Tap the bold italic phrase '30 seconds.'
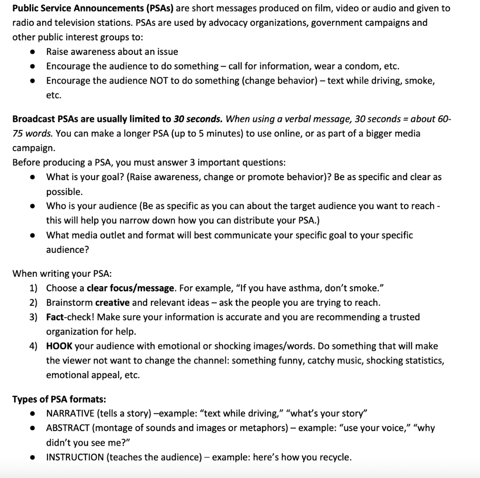click(198, 119)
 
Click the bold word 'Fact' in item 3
click(55, 317)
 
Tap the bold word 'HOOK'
click(59, 346)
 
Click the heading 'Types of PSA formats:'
click(59, 399)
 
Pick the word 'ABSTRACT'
click(68, 428)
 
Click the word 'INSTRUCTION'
click(75, 457)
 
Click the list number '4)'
click(33, 346)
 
